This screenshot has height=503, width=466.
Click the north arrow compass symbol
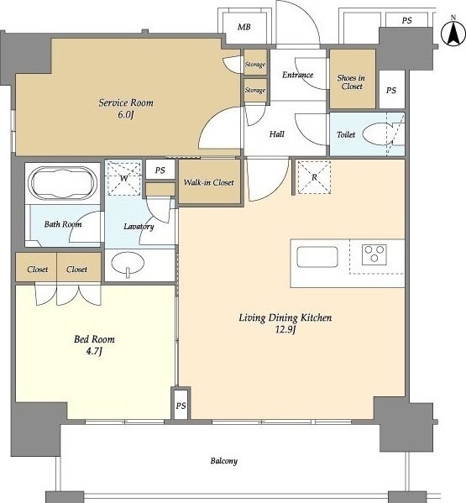[x=453, y=32]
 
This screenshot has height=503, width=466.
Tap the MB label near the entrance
[x=244, y=27]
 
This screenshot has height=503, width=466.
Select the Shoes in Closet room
[x=353, y=79]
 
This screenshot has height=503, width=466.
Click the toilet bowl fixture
[x=378, y=135]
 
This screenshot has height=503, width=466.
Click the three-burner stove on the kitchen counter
[x=374, y=254]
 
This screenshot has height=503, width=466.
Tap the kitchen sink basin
[x=317, y=257]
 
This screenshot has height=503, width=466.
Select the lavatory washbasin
[x=128, y=264]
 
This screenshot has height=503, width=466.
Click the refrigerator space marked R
[x=314, y=177]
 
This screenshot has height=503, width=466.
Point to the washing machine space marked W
[x=123, y=178]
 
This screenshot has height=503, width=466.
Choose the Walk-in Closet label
[x=209, y=182]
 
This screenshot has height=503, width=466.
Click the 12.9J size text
[x=285, y=329]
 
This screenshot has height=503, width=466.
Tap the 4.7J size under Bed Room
[x=94, y=351]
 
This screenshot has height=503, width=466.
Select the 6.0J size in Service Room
[x=125, y=114]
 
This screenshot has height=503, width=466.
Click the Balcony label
[x=224, y=461]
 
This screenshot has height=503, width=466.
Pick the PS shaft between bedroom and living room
[x=181, y=404]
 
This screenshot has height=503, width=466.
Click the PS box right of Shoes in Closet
[x=391, y=90]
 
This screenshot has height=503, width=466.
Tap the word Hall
[x=277, y=134]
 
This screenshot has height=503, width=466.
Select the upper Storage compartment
[x=255, y=62]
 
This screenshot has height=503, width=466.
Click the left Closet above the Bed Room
[x=36, y=267]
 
